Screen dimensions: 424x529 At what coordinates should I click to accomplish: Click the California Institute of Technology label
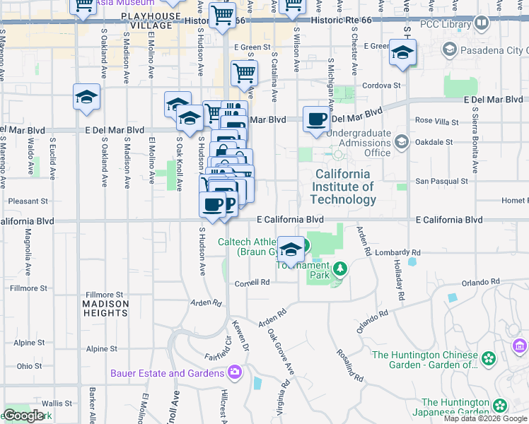(x=342, y=187)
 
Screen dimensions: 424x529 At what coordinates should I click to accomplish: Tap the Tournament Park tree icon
(x=340, y=268)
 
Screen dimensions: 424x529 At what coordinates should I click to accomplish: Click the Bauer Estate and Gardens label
(x=167, y=372)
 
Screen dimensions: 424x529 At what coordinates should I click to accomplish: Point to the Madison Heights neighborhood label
(x=105, y=308)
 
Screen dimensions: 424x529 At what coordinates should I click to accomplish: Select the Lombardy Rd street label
(x=400, y=252)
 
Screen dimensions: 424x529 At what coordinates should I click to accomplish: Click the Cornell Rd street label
(x=252, y=282)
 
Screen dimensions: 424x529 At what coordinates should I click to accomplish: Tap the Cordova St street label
(x=382, y=86)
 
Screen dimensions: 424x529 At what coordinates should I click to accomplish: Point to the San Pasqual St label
(x=441, y=181)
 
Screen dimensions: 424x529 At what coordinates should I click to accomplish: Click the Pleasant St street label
(x=29, y=201)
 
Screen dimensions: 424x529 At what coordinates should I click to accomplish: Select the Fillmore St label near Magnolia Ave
(x=29, y=288)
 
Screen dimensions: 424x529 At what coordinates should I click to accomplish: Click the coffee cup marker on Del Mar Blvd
(x=317, y=119)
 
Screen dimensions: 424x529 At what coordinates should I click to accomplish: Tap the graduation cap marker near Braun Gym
(x=291, y=249)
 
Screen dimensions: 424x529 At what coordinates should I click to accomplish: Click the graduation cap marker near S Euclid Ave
(x=86, y=97)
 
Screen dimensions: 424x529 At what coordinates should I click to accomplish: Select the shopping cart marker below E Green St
(x=244, y=72)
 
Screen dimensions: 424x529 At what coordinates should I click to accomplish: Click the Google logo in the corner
(x=23, y=416)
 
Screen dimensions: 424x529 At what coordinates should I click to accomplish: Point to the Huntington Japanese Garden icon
(x=501, y=406)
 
